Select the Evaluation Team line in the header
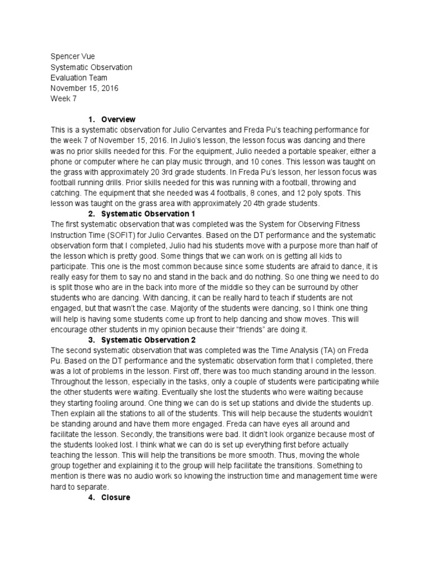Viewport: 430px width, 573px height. [78, 78]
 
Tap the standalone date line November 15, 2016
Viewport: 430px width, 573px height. [84, 88]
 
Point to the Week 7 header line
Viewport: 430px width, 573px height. [63, 99]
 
